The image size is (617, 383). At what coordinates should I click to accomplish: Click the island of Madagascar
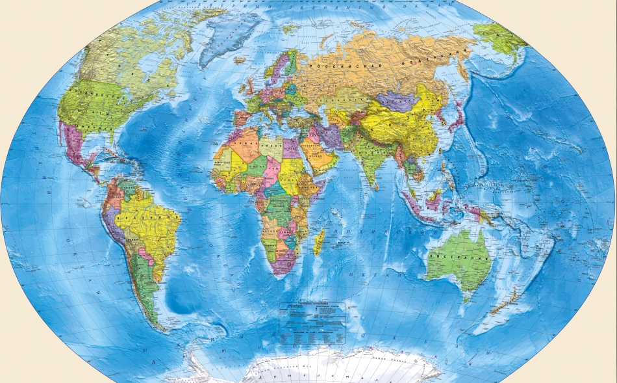(x=319, y=243)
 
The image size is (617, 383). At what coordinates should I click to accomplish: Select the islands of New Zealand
(x=501, y=306)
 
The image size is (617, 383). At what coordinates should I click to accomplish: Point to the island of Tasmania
(x=469, y=298)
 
